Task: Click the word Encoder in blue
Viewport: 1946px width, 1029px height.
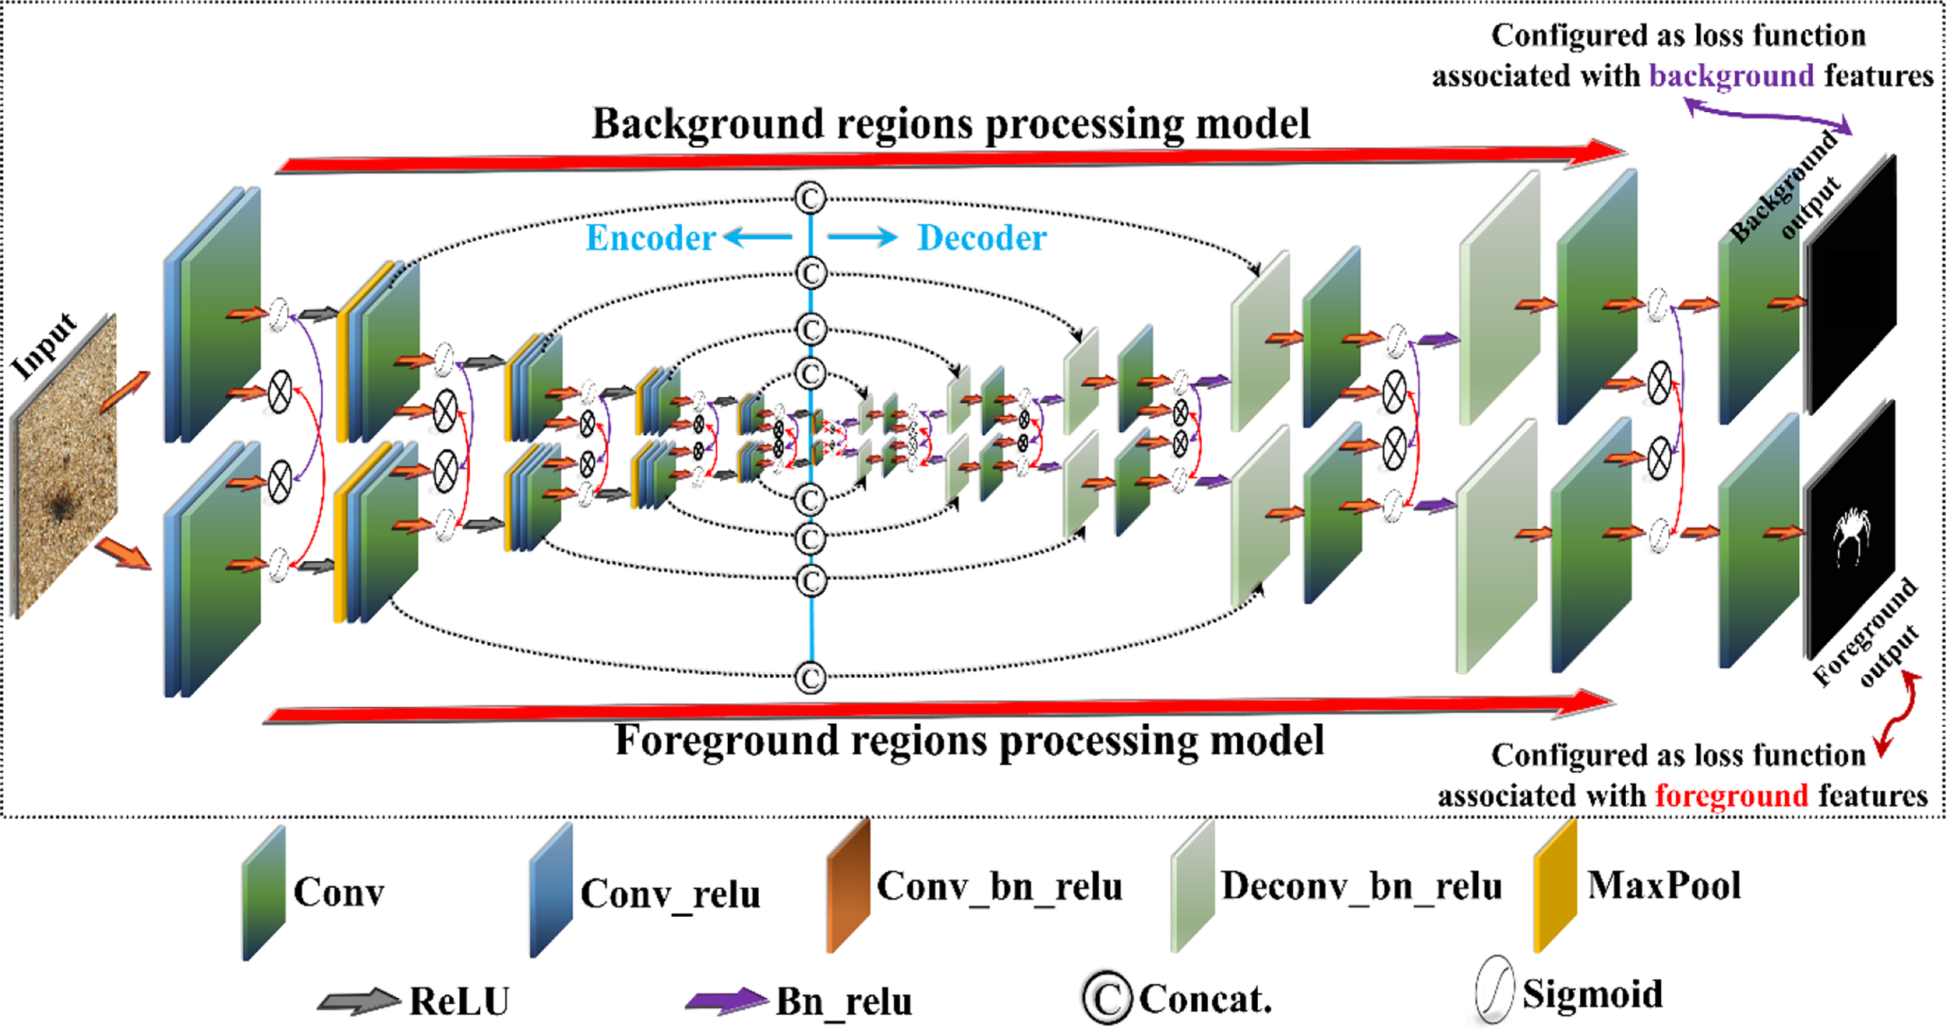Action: pyautogui.click(x=650, y=237)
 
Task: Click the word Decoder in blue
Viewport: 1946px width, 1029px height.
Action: pyautogui.click(x=982, y=237)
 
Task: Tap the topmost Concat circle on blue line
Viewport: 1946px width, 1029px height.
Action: pyautogui.click(x=810, y=198)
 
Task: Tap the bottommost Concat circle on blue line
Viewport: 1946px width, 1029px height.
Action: pyautogui.click(x=810, y=677)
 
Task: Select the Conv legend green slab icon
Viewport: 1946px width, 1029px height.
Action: pyautogui.click(x=264, y=894)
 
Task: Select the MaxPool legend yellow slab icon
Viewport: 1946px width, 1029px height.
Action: pyautogui.click(x=1554, y=886)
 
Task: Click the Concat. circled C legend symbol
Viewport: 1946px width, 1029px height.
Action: pyautogui.click(x=1106, y=998)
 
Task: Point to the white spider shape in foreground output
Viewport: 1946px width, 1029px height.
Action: pyautogui.click(x=1851, y=533)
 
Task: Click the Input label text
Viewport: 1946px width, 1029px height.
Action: pyautogui.click(x=44, y=346)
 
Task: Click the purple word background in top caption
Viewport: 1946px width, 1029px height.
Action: pyautogui.click(x=1731, y=76)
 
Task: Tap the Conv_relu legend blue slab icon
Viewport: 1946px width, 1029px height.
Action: pyautogui.click(x=551, y=892)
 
